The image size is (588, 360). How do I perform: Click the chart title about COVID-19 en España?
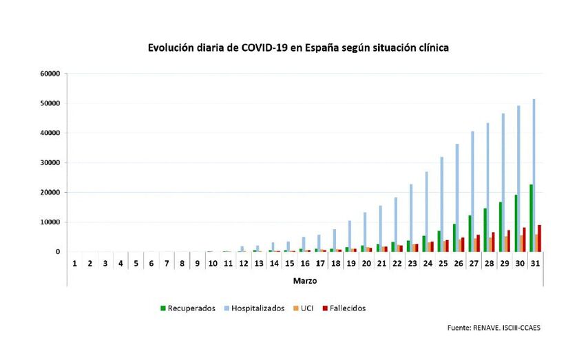pyautogui.click(x=298, y=48)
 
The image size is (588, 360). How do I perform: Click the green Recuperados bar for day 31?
pyautogui.click(x=531, y=218)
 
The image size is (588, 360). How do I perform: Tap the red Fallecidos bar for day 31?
pyautogui.click(x=540, y=238)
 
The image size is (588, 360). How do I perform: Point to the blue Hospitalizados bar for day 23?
pyautogui.click(x=411, y=218)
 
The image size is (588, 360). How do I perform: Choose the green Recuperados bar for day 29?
pyautogui.click(x=500, y=226)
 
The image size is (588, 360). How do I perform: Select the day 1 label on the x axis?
pyautogui.click(x=74, y=263)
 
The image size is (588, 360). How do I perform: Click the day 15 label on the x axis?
pyautogui.click(x=289, y=263)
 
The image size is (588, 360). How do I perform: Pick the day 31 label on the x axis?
pyautogui.click(x=535, y=263)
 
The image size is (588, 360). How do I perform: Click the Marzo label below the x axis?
pyautogui.click(x=305, y=281)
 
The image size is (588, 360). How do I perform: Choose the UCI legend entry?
pyautogui.click(x=304, y=308)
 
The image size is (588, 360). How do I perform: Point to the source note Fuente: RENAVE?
pyautogui.click(x=494, y=328)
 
